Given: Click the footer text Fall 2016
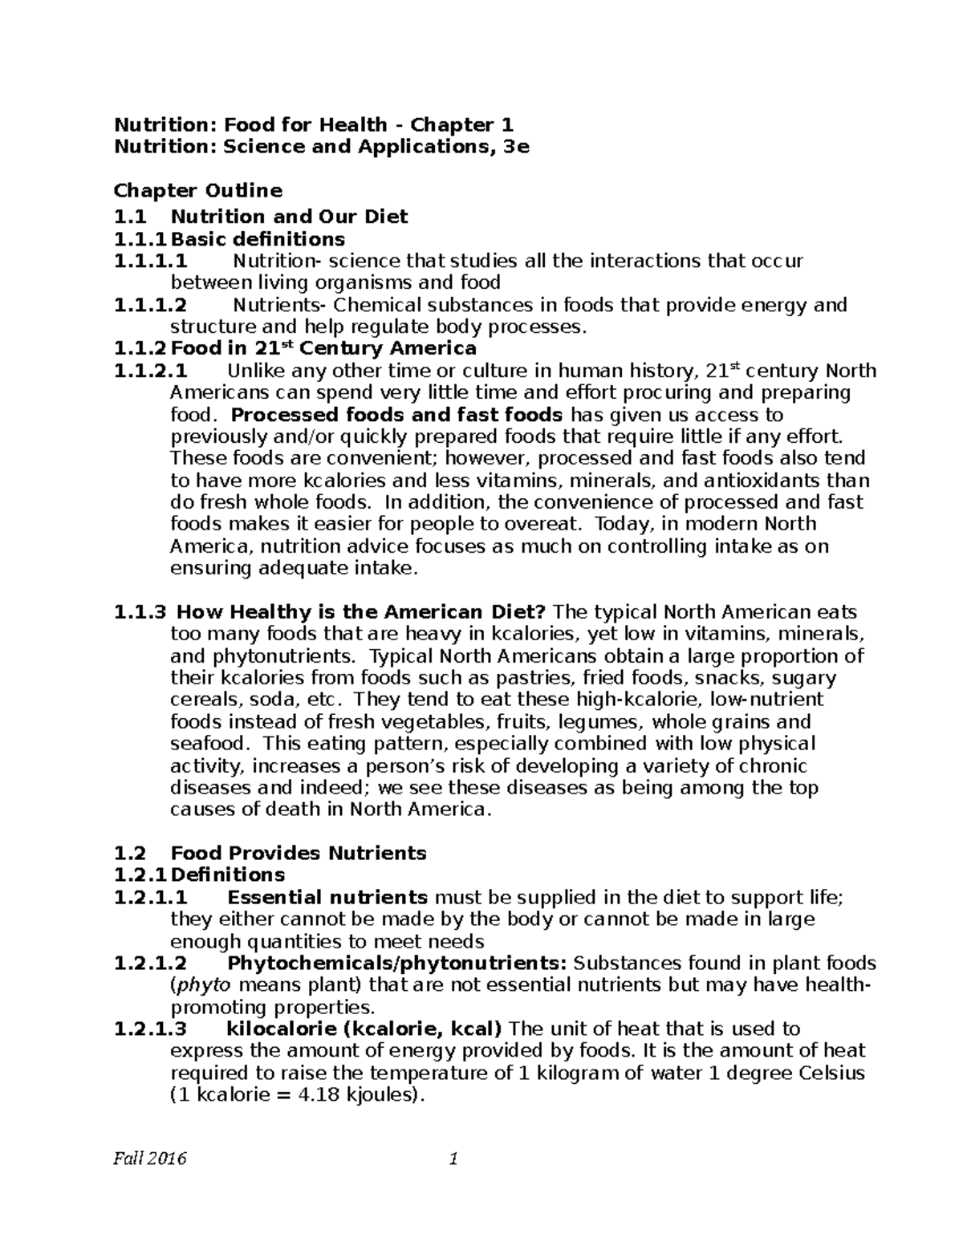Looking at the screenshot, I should pyautogui.click(x=150, y=1159).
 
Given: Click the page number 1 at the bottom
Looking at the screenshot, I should pyautogui.click(x=453, y=1159).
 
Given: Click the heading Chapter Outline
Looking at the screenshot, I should pyautogui.click(x=198, y=191).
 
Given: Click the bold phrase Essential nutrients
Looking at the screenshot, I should pyautogui.click(x=327, y=897).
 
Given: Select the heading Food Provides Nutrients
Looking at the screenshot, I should pyautogui.click(x=299, y=853).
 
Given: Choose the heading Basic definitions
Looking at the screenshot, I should pyautogui.click(x=258, y=239).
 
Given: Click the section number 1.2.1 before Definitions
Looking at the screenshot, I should pyautogui.click(x=141, y=875).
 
